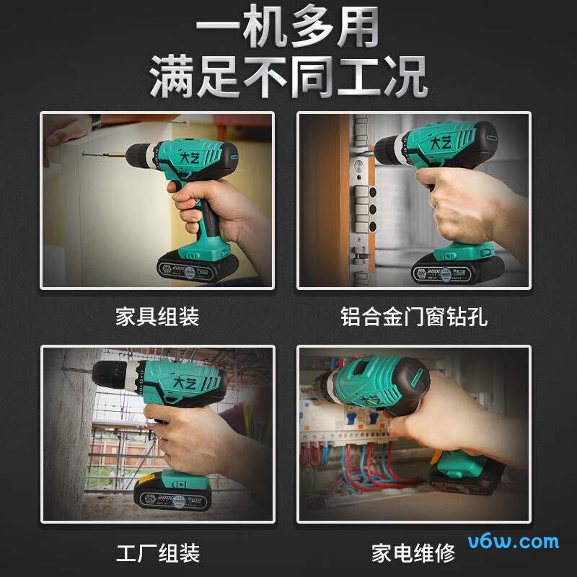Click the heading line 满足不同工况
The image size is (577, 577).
[288, 78]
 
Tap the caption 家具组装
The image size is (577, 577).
[157, 316]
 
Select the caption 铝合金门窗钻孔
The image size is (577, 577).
[414, 316]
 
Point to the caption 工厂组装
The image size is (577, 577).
[157, 553]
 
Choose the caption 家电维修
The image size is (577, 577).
[414, 553]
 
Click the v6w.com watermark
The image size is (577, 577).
[513, 542]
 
